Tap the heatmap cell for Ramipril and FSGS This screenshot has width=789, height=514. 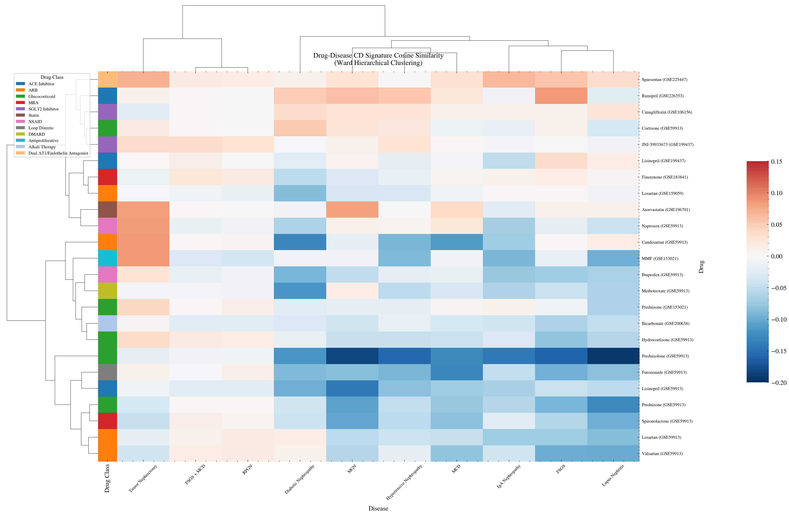tap(561, 96)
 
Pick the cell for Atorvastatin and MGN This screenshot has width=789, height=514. tap(352, 210)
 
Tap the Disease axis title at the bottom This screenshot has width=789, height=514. tap(378, 508)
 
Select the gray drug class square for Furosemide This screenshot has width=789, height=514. tap(107, 372)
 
